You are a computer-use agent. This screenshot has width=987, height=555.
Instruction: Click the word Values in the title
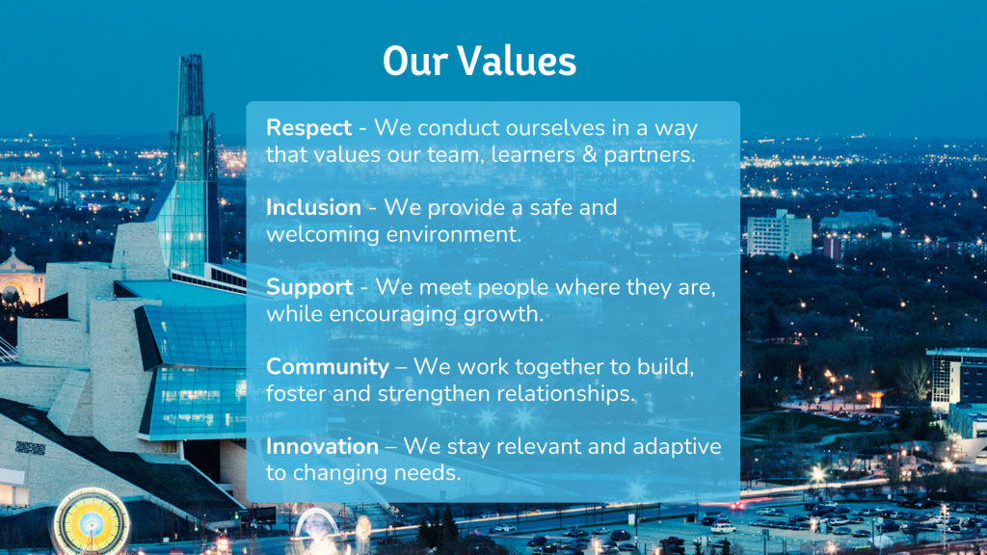517,61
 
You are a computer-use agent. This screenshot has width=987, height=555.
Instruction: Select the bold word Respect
308,128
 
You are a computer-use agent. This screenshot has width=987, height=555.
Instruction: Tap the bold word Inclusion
313,208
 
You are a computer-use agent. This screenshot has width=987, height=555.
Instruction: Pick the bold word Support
309,288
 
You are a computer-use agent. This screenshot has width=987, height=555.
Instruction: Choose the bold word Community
328,367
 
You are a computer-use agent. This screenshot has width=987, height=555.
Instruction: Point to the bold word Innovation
322,446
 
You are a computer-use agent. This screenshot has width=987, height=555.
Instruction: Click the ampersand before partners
589,155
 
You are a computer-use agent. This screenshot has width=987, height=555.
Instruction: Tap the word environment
453,235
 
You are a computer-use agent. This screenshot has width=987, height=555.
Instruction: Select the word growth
503,314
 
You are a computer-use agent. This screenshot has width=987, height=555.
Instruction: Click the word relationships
566,394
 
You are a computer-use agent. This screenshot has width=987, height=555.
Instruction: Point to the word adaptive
677,447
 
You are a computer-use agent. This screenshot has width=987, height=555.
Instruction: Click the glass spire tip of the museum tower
190,57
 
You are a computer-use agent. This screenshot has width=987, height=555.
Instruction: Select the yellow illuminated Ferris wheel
92,521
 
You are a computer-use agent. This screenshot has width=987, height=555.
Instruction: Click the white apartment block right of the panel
779,233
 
